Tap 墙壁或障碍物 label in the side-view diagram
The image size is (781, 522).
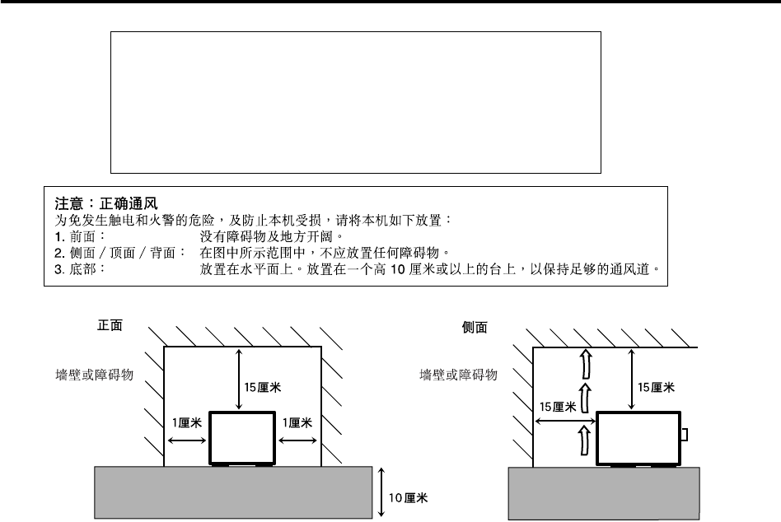click(457, 375)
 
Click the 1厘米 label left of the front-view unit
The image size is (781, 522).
click(185, 422)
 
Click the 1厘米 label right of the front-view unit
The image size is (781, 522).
click(297, 422)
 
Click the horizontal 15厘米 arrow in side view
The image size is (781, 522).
click(564, 422)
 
